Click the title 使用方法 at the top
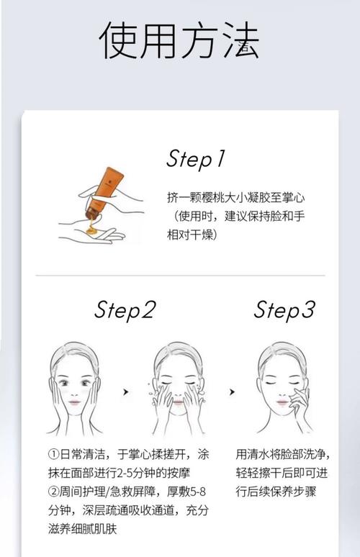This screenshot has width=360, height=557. click(179, 40)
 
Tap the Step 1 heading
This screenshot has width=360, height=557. click(196, 158)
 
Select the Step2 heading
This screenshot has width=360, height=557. click(125, 310)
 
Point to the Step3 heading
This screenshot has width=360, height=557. click(284, 310)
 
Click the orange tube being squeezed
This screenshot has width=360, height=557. click(104, 193)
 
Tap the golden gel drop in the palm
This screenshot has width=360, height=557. click(91, 230)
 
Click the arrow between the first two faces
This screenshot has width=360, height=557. click(125, 391)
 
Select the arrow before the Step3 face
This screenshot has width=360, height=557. click(232, 391)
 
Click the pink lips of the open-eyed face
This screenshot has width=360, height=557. click(75, 402)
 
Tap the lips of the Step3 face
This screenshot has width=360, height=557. click(282, 402)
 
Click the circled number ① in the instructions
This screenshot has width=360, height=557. click(54, 454)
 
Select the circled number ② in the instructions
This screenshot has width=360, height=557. click(54, 492)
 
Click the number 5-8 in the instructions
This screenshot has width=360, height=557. click(198, 492)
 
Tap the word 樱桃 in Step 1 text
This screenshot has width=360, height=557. click(213, 197)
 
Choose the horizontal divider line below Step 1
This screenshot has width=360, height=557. click(180, 275)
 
